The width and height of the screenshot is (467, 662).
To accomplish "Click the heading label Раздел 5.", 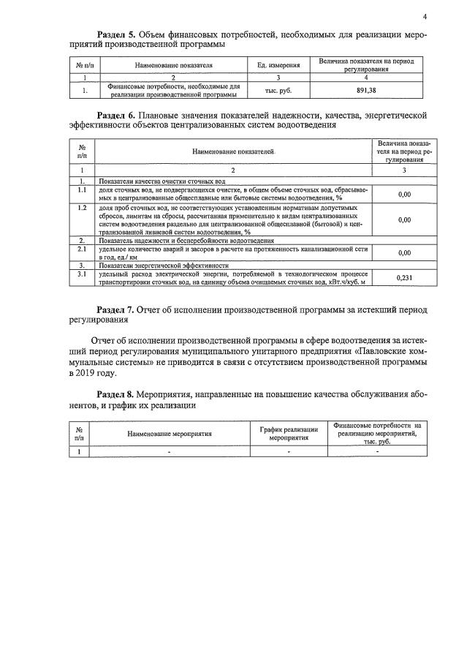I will tap(118, 34).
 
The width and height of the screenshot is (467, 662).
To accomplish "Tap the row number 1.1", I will tap(83, 189).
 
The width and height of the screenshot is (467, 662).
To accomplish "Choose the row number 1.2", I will tap(83, 208).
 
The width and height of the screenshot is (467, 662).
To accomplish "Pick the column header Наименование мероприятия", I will tap(169, 434).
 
